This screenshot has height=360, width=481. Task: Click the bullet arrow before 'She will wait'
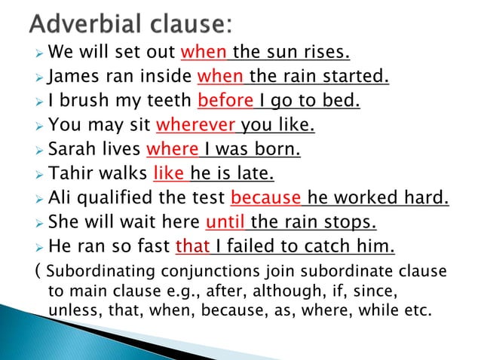pos(38,223)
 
